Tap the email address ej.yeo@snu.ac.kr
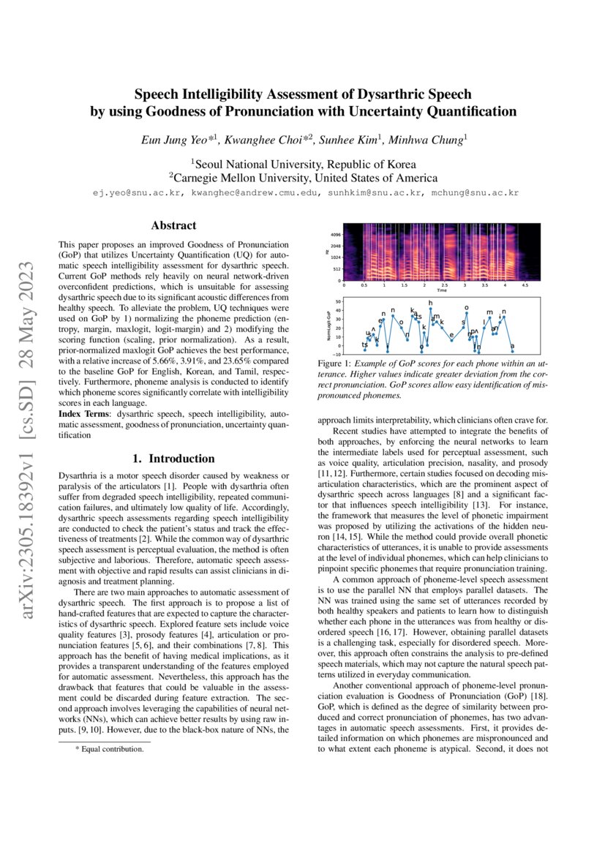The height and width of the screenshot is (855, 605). click(134, 193)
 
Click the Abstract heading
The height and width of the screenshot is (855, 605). click(173, 226)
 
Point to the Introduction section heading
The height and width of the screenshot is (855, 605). click(173, 459)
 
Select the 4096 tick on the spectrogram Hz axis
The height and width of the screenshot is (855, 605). click(336, 234)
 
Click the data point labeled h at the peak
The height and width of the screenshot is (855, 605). click(431, 308)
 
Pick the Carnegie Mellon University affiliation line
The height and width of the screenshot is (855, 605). click(303, 178)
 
